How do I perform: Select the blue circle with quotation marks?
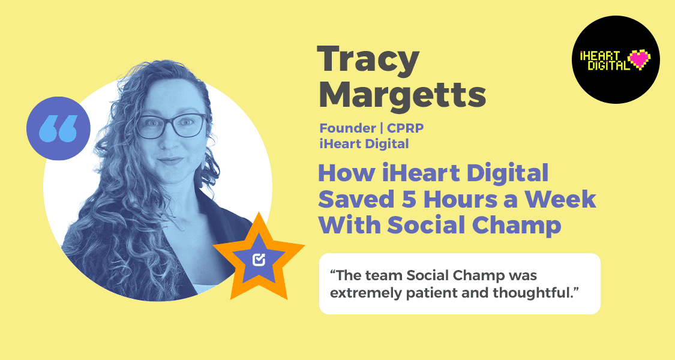point(59,128)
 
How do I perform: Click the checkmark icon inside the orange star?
point(259,259)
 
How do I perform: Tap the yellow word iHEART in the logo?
point(600,54)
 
